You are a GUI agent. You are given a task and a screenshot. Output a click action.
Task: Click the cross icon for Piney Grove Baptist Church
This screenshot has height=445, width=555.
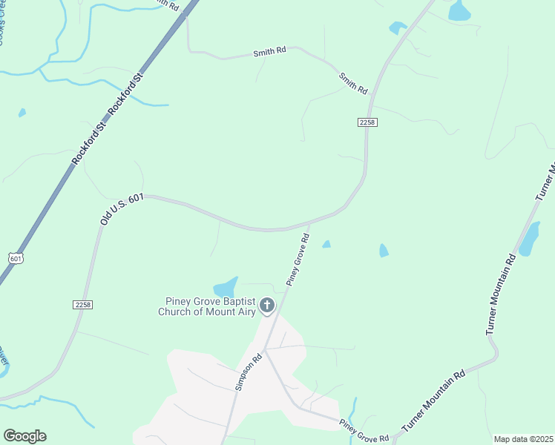pos(266,305)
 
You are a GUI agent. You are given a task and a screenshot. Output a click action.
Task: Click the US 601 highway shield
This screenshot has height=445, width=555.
pos(16,258)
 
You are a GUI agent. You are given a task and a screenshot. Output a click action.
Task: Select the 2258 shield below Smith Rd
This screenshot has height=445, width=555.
pos(367,122)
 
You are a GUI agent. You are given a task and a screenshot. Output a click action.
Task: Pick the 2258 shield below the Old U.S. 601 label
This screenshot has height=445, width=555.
pos(82,304)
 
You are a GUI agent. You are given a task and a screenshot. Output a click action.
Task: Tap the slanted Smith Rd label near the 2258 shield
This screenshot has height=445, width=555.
pos(353,83)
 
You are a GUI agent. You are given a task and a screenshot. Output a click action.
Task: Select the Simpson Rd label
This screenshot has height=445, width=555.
pos(247,371)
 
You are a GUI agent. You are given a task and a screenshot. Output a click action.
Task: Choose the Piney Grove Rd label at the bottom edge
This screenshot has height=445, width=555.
pos(364,432)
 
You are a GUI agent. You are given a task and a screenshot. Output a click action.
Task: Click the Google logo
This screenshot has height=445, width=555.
pos(24,436)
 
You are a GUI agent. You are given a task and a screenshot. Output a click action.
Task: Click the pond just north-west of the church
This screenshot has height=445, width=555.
pos(226,287)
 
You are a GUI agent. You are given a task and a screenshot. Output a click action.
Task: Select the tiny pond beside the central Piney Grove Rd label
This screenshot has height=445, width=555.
pos(326,244)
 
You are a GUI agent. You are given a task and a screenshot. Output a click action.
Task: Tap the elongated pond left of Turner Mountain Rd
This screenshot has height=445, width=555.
pos(529,238)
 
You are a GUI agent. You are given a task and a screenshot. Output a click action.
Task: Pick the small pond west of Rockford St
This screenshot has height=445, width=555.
pos(22,113)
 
